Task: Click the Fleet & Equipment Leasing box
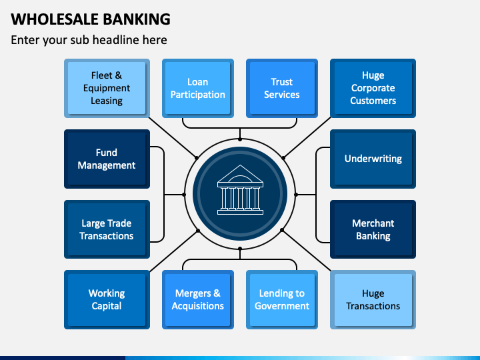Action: click(x=107, y=88)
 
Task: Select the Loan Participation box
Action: click(x=198, y=88)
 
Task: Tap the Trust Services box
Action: click(x=282, y=88)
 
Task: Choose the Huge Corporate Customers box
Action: click(x=373, y=88)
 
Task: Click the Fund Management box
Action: click(x=107, y=159)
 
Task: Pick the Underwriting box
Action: click(x=373, y=159)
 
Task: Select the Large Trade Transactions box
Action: click(x=107, y=229)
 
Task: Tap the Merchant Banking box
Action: click(x=373, y=229)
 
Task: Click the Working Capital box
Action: click(x=107, y=300)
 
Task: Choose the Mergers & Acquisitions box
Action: click(x=198, y=300)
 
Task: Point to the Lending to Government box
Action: click(x=282, y=300)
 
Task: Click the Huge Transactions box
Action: click(x=373, y=300)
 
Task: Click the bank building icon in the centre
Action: click(x=240, y=190)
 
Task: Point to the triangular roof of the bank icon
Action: click(x=240, y=174)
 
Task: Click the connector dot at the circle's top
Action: click(x=240, y=139)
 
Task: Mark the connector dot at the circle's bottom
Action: click(x=240, y=249)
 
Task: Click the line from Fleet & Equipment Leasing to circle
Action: click(x=173, y=137)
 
